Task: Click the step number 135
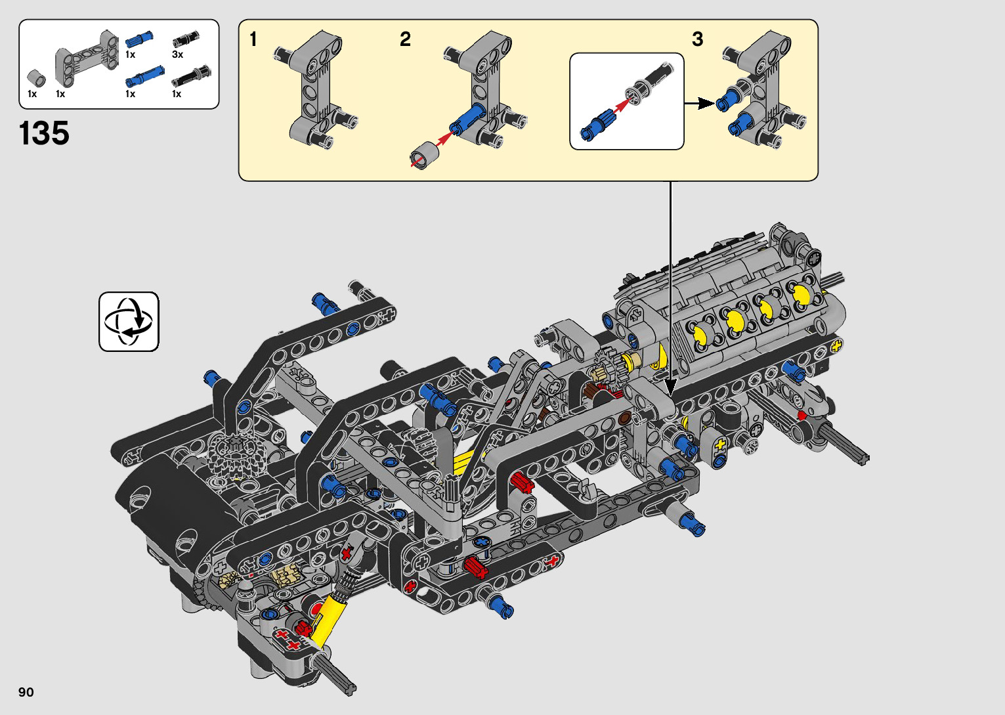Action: click(44, 133)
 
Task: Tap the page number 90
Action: click(26, 691)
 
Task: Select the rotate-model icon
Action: click(129, 321)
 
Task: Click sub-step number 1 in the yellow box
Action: click(253, 39)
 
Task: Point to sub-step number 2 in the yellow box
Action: click(405, 39)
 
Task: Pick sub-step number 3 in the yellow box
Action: click(697, 39)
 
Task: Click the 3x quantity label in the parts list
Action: click(178, 54)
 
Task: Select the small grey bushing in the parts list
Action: click(36, 78)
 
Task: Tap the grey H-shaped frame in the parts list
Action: click(87, 58)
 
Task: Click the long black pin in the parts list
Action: click(191, 76)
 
